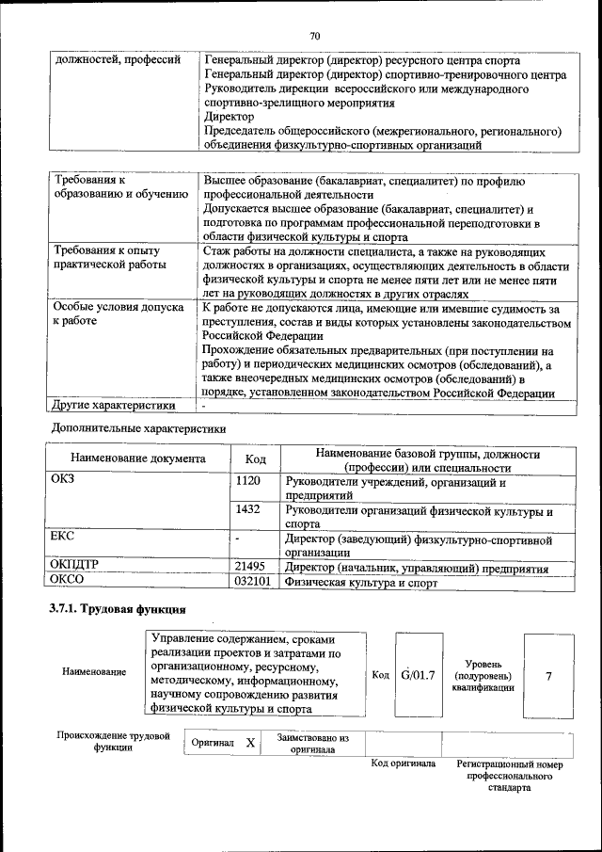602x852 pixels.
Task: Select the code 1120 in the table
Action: (248, 481)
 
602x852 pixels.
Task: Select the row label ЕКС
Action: (62, 537)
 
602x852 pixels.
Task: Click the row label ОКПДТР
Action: (74, 566)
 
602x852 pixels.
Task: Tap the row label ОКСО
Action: (67, 581)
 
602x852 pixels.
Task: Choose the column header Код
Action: (255, 459)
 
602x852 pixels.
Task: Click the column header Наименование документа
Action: (137, 459)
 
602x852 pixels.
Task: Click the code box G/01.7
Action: (417, 674)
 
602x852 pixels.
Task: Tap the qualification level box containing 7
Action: (548, 675)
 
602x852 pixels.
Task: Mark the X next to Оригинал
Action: (250, 743)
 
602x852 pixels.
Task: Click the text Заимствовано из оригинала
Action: (312, 744)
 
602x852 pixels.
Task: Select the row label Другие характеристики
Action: (115, 406)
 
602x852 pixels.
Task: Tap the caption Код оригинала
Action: (403, 764)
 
